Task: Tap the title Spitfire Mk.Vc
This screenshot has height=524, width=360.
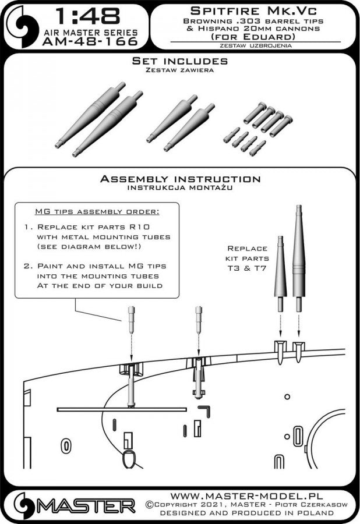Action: [x=253, y=12]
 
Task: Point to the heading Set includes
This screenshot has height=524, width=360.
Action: [x=179, y=61]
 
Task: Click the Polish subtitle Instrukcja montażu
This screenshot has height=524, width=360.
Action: [x=180, y=187]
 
